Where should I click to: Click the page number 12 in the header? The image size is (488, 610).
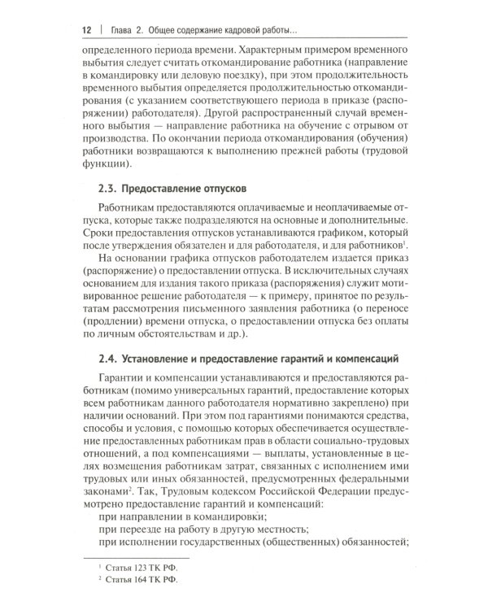(86, 30)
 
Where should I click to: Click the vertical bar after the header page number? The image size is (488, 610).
(102, 30)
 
